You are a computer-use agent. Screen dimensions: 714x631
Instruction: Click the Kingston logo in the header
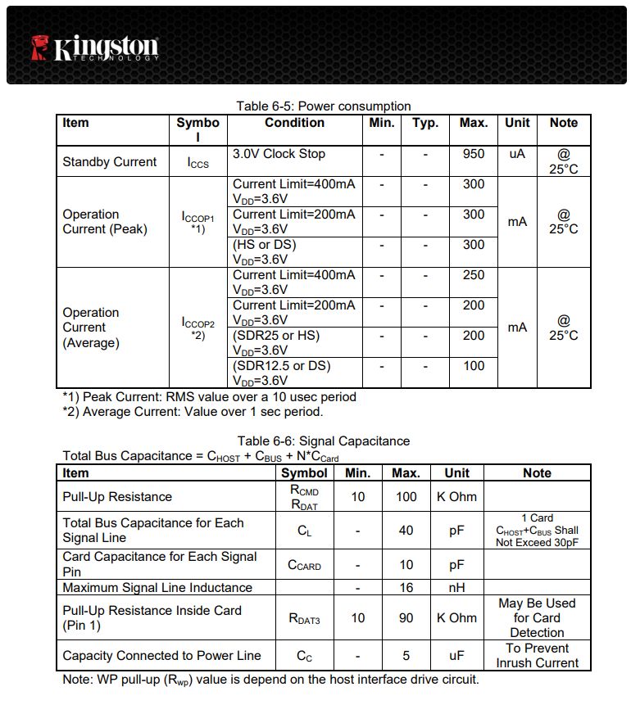pos(95,47)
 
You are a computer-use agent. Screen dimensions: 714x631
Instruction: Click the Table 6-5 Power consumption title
pos(323,106)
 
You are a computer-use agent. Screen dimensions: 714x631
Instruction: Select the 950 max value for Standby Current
pos(473,154)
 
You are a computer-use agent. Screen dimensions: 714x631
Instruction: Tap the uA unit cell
pos(516,154)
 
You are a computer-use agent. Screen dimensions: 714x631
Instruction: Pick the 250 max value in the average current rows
pos(473,275)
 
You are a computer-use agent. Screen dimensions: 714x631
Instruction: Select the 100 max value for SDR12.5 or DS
pos(473,366)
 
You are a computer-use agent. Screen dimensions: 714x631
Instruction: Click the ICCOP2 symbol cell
pos(197,327)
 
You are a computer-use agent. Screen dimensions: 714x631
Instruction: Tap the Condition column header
pos(294,123)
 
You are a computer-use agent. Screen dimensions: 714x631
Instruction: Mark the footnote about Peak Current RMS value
pos(209,397)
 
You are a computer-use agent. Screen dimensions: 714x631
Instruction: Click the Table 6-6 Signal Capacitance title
pos(323,441)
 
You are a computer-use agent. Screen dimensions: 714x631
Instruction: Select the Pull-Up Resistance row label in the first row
pos(117,496)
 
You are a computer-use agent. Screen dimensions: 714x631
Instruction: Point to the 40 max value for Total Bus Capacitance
pos(406,530)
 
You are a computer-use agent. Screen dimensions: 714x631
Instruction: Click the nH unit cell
pos(456,587)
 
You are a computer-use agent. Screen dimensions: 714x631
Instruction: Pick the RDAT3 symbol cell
pos(303,618)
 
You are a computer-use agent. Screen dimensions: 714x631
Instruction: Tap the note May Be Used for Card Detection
pos(537,617)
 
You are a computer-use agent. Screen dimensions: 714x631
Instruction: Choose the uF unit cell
pos(456,655)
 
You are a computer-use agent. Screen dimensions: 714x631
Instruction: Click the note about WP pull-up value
pos(270,680)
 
